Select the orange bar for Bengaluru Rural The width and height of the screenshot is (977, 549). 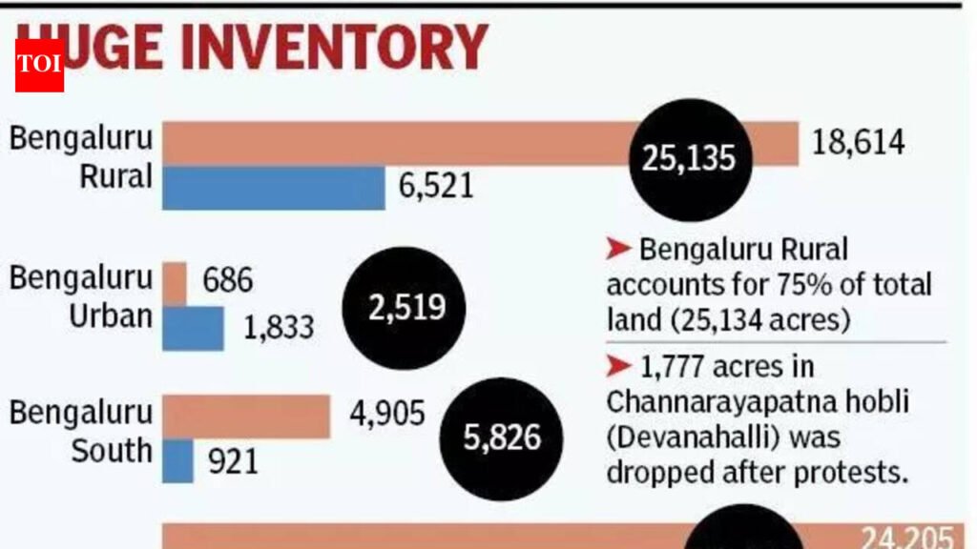(x=401, y=144)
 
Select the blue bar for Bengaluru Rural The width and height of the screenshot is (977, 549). (x=274, y=188)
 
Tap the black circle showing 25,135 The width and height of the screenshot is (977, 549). (x=689, y=158)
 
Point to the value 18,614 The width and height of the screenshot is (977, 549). (x=859, y=143)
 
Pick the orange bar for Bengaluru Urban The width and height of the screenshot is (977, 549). (x=176, y=282)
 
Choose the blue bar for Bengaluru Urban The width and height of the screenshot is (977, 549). (x=194, y=327)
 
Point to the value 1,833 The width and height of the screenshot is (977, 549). (x=279, y=328)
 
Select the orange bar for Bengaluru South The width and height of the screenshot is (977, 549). (x=247, y=417)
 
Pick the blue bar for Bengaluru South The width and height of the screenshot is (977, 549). (x=178, y=460)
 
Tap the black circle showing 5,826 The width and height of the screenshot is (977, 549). (x=502, y=438)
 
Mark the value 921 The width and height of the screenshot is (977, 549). (x=234, y=461)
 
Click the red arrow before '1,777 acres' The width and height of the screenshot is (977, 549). (x=619, y=365)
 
